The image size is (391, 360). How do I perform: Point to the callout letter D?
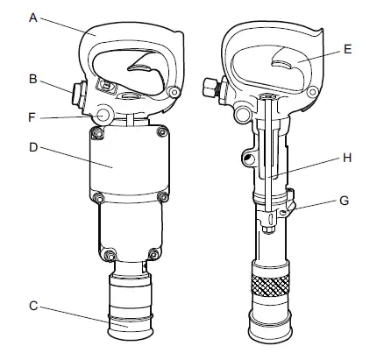coord(33,147)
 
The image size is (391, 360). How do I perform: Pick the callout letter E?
coord(347,50)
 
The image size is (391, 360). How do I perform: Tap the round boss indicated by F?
coord(103,114)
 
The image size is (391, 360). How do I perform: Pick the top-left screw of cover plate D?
coord(95,133)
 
